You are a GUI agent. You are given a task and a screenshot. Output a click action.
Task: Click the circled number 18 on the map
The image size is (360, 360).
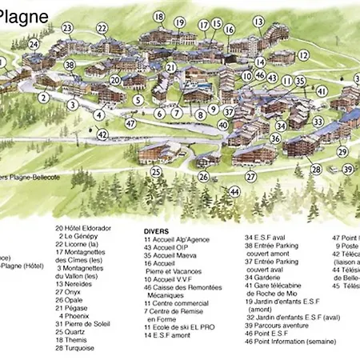(158, 17)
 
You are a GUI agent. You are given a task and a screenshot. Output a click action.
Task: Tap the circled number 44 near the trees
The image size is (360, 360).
(234, 193)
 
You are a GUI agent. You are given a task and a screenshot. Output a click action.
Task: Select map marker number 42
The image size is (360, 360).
(102, 134)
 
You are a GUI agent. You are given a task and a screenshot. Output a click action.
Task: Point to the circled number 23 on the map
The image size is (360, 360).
(67, 28)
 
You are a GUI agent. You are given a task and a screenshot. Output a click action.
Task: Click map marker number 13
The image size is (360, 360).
(258, 21)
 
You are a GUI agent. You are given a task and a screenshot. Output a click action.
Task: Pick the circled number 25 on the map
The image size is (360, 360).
(156, 171)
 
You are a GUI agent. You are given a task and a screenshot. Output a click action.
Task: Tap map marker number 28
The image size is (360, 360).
(316, 170)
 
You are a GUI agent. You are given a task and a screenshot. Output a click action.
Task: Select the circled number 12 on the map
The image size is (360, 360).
(303, 56)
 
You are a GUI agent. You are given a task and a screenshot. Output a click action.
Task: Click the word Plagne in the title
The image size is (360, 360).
(24, 15)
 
